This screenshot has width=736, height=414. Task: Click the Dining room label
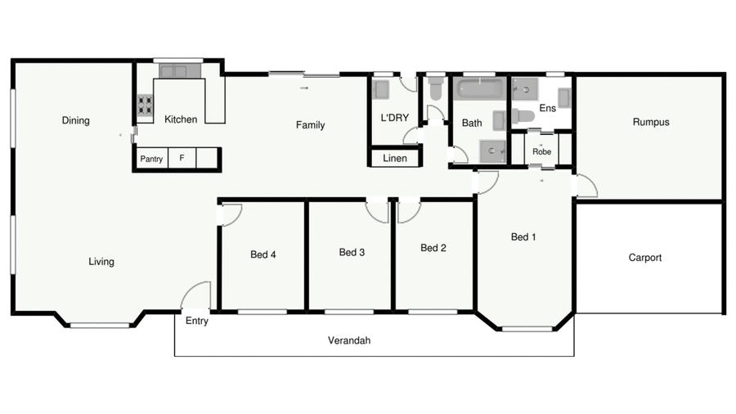(x=75, y=120)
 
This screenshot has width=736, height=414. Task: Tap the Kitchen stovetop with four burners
(x=145, y=105)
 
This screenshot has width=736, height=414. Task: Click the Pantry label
(x=151, y=159)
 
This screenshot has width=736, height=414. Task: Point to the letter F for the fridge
(x=182, y=159)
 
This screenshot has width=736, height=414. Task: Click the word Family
(x=310, y=125)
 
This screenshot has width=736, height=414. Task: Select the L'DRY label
(x=394, y=118)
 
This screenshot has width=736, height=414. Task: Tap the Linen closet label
(x=394, y=158)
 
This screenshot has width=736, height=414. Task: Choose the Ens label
(x=547, y=108)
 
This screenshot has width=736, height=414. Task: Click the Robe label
(x=541, y=151)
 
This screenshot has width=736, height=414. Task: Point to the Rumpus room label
(x=650, y=122)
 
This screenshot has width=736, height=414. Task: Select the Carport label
(x=644, y=258)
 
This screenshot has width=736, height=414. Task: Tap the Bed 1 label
(x=523, y=237)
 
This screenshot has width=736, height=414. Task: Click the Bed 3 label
(x=352, y=252)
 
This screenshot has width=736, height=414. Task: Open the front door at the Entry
(x=198, y=297)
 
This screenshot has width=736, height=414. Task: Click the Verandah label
(x=349, y=340)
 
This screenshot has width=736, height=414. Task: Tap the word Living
(x=101, y=262)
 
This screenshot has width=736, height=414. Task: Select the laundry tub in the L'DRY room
(x=382, y=88)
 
